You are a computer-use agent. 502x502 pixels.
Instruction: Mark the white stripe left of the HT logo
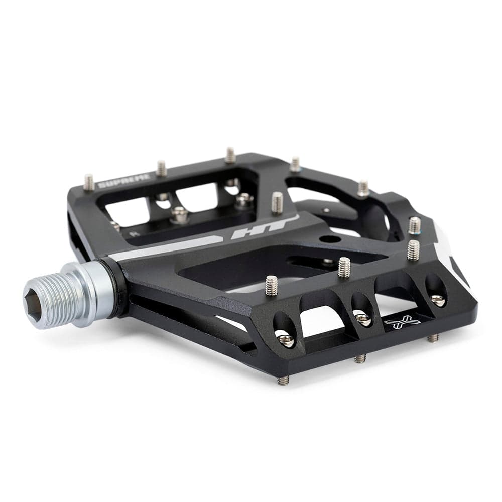tap(166, 248)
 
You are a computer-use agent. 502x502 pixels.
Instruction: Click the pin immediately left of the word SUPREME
tap(89, 182)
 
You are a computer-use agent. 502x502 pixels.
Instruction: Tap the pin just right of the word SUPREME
tap(161, 168)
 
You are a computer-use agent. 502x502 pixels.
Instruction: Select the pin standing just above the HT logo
tap(277, 202)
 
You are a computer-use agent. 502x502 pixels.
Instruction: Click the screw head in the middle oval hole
tap(362, 318)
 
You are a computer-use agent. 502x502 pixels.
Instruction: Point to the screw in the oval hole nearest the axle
tap(286, 340)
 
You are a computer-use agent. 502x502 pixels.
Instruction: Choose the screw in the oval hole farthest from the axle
tap(437, 299)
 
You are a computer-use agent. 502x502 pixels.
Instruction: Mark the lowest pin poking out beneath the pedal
tap(284, 380)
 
